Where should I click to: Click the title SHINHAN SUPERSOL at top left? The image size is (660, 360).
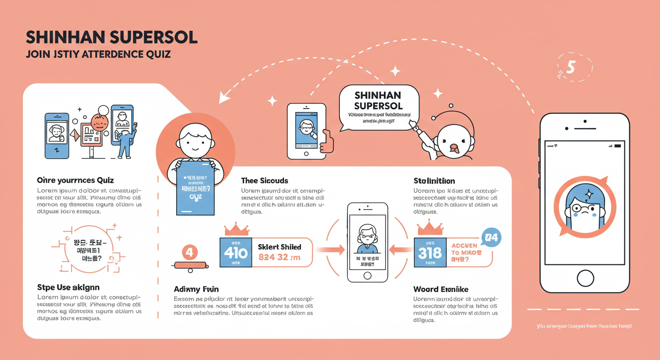click(112, 38)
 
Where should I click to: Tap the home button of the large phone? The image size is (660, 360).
click(585, 278)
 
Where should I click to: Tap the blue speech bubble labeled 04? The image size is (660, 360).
click(491, 238)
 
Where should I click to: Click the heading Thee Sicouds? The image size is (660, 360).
click(264, 180)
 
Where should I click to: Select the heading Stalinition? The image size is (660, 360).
click(434, 180)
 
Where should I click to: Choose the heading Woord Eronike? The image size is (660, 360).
click(441, 289)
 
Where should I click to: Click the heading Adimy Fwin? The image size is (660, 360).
click(196, 289)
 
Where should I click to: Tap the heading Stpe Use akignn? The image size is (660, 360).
click(68, 287)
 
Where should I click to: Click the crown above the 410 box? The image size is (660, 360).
click(237, 229)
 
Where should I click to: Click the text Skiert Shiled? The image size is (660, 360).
click(279, 247)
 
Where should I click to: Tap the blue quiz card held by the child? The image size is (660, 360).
click(195, 187)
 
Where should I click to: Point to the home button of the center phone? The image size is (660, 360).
click(367, 275)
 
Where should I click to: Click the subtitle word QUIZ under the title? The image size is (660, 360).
click(157, 54)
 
